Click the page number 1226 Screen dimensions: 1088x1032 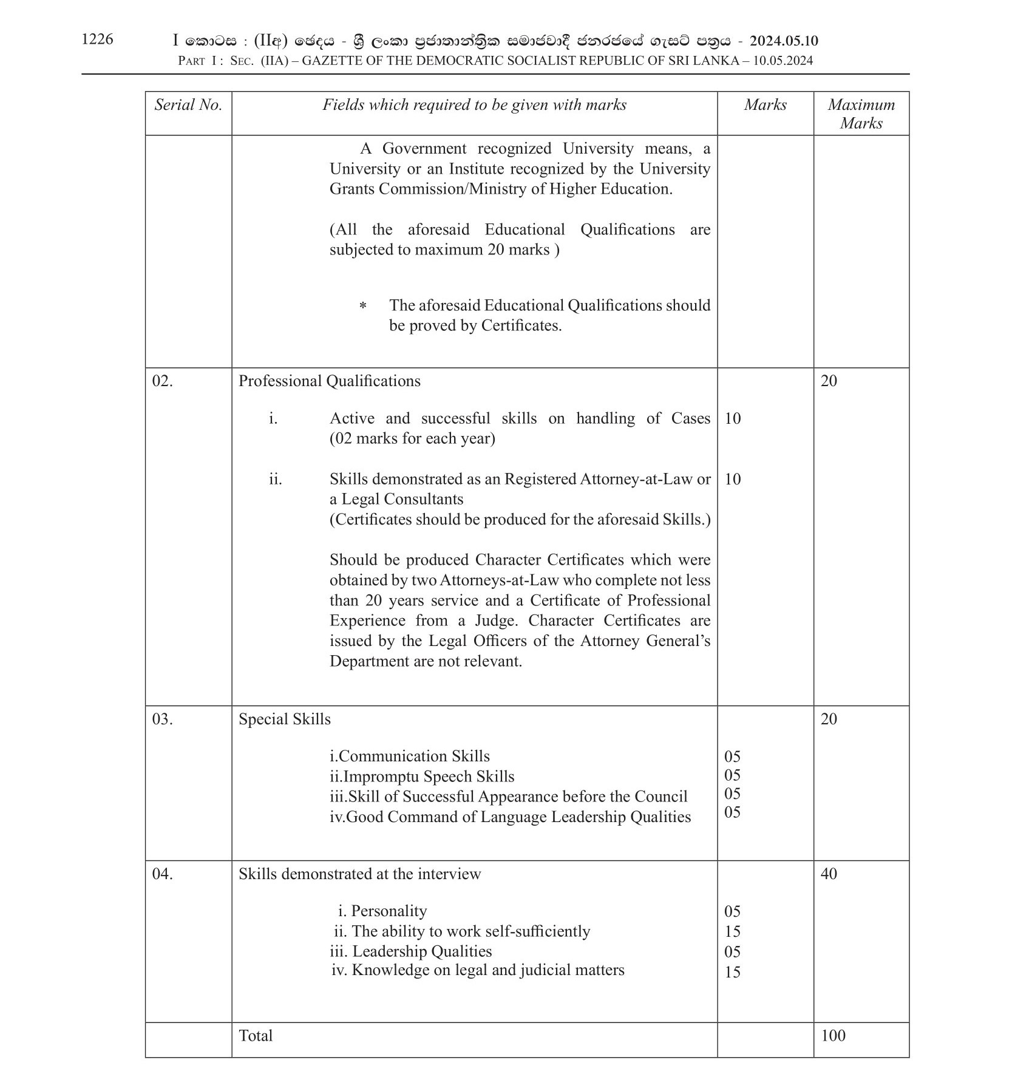[97, 39]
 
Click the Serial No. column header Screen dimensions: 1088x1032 [188, 105]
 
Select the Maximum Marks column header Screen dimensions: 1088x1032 [861, 114]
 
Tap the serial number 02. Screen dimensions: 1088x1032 [162, 381]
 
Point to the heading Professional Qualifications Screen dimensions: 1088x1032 [329, 381]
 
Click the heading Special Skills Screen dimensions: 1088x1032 [284, 719]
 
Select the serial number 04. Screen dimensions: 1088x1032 [162, 874]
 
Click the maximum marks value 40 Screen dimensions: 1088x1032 [828, 874]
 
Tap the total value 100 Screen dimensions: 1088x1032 [832, 1036]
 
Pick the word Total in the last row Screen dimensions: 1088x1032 [256, 1036]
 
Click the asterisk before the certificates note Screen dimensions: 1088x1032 [362, 306]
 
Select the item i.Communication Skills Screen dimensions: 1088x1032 [409, 756]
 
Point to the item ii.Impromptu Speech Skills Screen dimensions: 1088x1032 [421, 777]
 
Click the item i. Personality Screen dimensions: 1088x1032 [382, 911]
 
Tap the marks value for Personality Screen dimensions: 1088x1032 [732, 912]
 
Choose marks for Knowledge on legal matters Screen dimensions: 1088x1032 [732, 973]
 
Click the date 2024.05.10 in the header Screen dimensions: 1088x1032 [783, 41]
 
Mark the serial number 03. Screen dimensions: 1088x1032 [162, 719]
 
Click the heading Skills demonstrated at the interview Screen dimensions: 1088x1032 [359, 874]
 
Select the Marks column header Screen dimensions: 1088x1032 [765, 105]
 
